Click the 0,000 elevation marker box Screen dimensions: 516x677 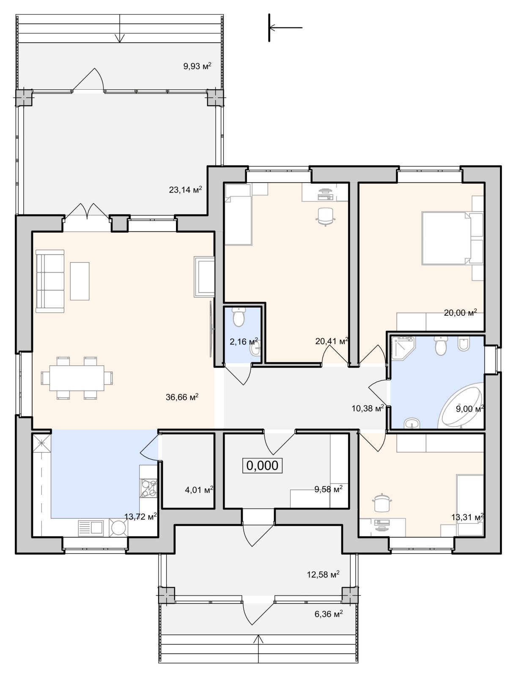click(262, 465)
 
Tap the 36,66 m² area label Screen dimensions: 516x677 click(182, 396)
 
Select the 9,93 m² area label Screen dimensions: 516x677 click(197, 66)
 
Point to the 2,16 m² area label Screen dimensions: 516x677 click(244, 341)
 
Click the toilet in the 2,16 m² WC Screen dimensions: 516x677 click(238, 317)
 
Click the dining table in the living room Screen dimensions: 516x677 click(77, 378)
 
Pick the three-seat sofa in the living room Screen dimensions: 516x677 click(50, 281)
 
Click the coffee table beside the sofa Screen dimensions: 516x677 click(80, 281)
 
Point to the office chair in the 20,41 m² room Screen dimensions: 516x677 click(326, 217)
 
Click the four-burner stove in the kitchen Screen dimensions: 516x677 click(148, 488)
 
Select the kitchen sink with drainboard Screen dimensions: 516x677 click(91, 528)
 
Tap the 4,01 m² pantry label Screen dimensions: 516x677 click(199, 490)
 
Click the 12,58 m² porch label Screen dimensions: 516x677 click(323, 574)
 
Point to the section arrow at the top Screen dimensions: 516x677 click(285, 28)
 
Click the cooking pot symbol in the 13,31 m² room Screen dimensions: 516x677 click(382, 502)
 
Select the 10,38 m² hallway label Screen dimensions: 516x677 click(368, 408)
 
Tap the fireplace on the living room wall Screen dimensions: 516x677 click(204, 277)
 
